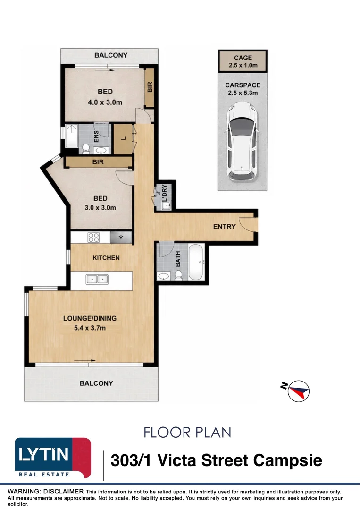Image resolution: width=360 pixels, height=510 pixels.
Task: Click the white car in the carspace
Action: (242, 142)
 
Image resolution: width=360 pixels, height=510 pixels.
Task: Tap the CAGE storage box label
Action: (243, 58)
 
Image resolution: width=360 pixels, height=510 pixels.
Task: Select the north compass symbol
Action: (295, 390)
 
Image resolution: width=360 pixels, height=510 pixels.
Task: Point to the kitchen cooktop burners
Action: (93, 238)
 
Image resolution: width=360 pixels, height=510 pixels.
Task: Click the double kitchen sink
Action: (97, 280)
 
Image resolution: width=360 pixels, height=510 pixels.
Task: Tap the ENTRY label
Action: (224, 226)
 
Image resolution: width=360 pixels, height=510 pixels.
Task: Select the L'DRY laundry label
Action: (164, 193)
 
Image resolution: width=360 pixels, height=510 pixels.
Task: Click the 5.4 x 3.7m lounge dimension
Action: (90, 328)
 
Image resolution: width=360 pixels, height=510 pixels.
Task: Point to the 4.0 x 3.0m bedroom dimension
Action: (105, 102)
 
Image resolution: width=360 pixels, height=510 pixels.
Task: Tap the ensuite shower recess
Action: (71, 136)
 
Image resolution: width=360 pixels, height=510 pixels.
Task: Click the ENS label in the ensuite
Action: (96, 136)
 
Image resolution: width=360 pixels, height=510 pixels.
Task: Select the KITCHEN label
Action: (106, 258)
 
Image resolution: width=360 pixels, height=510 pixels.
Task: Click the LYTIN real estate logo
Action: (53, 458)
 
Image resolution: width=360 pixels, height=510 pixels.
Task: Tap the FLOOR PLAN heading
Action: (187, 432)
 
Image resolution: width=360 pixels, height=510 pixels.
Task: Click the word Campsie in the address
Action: (287, 460)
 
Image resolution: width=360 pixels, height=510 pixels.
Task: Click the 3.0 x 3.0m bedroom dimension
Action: (100, 207)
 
